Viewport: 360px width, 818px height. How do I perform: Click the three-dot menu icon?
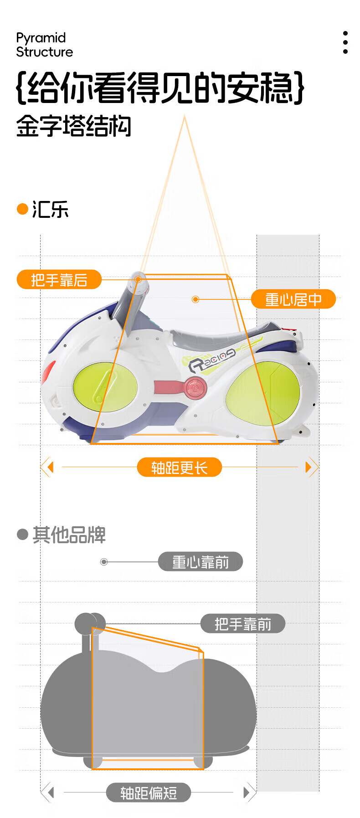click(x=345, y=43)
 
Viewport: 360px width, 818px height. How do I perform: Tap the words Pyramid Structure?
click(x=44, y=45)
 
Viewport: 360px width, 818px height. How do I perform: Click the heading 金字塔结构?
click(x=73, y=126)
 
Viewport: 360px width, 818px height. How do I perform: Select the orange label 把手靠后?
click(x=59, y=280)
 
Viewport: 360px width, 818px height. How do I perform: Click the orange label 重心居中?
click(x=293, y=299)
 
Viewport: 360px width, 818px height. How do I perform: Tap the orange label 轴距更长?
click(x=179, y=468)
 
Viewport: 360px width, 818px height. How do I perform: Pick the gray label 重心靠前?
click(x=200, y=562)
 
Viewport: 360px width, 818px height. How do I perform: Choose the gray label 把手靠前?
click(x=242, y=624)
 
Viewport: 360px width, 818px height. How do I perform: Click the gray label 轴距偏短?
click(x=148, y=793)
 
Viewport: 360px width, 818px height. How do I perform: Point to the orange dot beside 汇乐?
click(x=22, y=209)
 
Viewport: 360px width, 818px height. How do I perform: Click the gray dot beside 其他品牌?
click(x=22, y=534)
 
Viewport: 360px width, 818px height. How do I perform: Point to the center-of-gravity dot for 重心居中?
click(x=195, y=299)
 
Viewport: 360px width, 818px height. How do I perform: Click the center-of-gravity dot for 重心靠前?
click(x=104, y=562)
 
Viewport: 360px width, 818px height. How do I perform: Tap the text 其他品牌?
click(x=69, y=535)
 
